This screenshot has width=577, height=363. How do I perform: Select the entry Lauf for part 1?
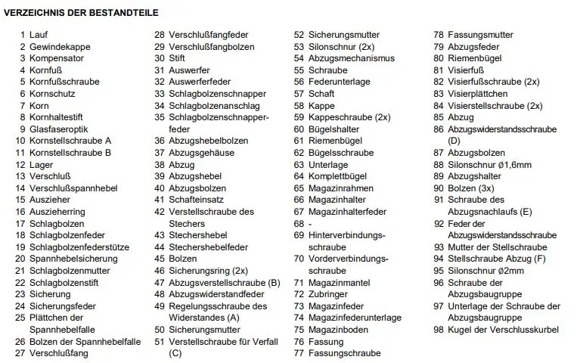(x=39, y=35)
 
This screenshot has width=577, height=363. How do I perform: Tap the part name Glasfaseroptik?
(x=60, y=129)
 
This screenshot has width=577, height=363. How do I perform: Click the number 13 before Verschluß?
(x=20, y=176)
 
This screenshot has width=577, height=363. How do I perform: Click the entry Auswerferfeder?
(x=199, y=82)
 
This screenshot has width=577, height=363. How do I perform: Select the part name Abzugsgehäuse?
(x=200, y=152)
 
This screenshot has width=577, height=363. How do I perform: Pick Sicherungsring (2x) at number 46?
(x=208, y=270)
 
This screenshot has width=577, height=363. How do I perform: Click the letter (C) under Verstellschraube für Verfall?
(x=175, y=353)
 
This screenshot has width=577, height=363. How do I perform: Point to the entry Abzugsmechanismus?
(x=352, y=58)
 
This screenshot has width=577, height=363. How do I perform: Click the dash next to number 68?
(x=310, y=223)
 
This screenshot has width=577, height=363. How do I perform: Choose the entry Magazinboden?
(x=339, y=330)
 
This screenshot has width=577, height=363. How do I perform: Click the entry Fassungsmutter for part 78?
(x=480, y=35)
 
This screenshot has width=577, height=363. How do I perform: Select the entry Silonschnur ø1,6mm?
(x=489, y=165)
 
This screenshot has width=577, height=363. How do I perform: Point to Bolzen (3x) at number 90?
(x=471, y=188)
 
